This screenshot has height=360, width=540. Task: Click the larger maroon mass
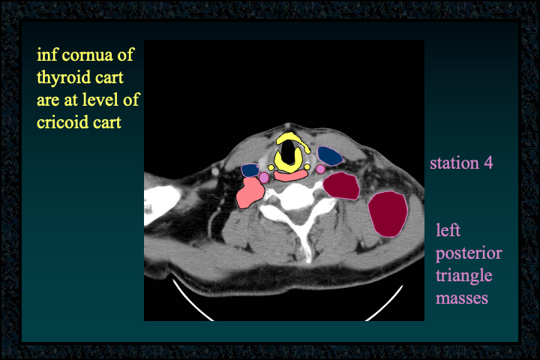pos(388,214)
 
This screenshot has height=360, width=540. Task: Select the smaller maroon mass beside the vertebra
pos(341,186)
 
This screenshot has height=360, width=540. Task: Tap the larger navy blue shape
pos(329,156)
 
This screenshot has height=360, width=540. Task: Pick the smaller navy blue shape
pos(250,170)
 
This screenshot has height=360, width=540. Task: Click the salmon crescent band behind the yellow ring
pos(290,176)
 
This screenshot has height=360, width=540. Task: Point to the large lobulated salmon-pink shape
pos(250,193)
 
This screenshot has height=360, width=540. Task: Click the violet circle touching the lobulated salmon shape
pos(264,178)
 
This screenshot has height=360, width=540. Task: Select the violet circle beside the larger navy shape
pos(321,169)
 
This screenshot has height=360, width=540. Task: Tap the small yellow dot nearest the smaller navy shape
pos(271,168)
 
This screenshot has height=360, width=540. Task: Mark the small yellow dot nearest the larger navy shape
pos(307,167)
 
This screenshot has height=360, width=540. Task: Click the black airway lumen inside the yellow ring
pos(287,154)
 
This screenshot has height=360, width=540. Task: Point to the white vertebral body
pos(297,196)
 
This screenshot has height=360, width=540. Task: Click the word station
pos(454,163)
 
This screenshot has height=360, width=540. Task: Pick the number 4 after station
pos(489,163)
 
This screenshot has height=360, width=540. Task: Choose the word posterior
pos(469,254)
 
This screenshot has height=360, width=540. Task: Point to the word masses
pos(462,298)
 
